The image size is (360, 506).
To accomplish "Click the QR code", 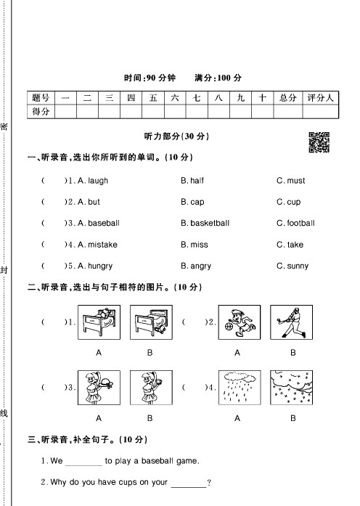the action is [x=319, y=142].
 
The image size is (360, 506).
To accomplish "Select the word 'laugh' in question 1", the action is [x=97, y=181].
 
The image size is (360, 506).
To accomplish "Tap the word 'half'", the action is [x=197, y=181].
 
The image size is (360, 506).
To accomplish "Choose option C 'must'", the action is [x=295, y=181].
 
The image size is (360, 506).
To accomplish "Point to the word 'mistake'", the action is [x=102, y=245].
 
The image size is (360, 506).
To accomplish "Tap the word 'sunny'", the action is [x=298, y=266].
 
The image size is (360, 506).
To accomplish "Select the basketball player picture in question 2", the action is [x=237, y=322].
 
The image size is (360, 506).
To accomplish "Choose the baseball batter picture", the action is [x=293, y=322].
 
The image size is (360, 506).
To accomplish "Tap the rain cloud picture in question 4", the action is [x=237, y=388].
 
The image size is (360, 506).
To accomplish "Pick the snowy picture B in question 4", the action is [x=293, y=388].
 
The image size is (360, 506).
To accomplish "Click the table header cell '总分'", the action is [x=287, y=97].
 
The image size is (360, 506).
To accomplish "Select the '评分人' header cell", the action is [x=320, y=97].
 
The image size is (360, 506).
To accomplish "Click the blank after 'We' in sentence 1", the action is [x=84, y=461].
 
